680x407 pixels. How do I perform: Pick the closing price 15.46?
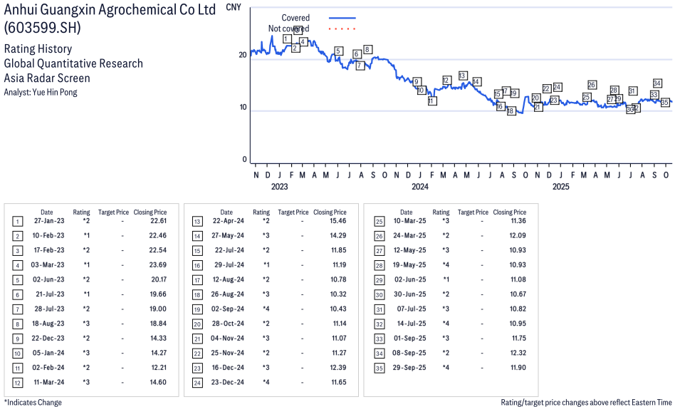[338, 221]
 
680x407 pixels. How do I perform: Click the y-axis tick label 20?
[243, 55]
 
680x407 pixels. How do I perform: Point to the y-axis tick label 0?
[245, 160]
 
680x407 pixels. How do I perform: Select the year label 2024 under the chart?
[419, 187]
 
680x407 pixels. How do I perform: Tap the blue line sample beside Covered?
[342, 18]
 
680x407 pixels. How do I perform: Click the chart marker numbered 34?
[657, 83]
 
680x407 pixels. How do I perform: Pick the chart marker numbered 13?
[463, 76]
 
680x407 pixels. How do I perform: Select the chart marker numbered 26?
[592, 85]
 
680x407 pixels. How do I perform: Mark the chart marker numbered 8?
[367, 49]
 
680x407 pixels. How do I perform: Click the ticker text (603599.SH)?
[42, 28]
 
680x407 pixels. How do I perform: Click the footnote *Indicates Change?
[33, 402]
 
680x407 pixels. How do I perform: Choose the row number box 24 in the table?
[197, 383]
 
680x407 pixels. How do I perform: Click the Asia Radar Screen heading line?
[47, 78]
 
